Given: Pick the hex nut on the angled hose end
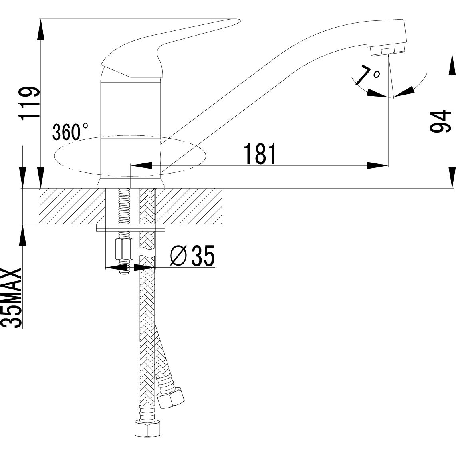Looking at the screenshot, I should pos(172,397).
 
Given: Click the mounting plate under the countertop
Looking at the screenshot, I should pos(132,228).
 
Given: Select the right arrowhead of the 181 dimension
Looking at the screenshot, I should pos(377,165).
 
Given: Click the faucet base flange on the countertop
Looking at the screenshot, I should pos(131,183).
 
